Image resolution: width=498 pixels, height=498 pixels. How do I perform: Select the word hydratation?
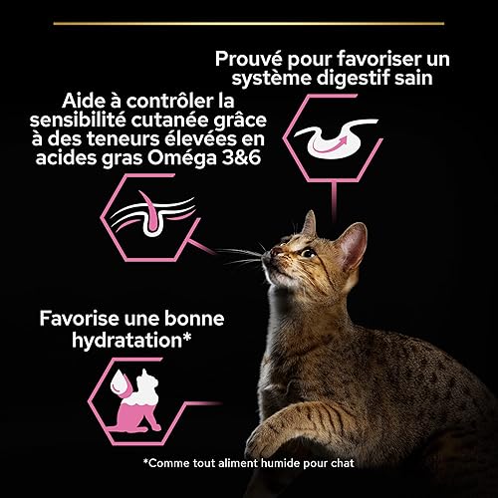[x=127, y=341]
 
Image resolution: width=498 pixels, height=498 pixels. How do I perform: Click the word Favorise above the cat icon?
[x=79, y=319]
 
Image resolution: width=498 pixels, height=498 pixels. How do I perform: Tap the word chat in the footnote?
[x=343, y=463]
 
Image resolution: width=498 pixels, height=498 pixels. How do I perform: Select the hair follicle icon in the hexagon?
[x=152, y=214]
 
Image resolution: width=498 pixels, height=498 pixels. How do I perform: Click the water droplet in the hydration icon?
[x=119, y=383]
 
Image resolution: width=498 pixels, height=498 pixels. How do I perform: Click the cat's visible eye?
[x=308, y=254]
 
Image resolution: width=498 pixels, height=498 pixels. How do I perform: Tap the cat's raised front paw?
[x=279, y=428]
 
